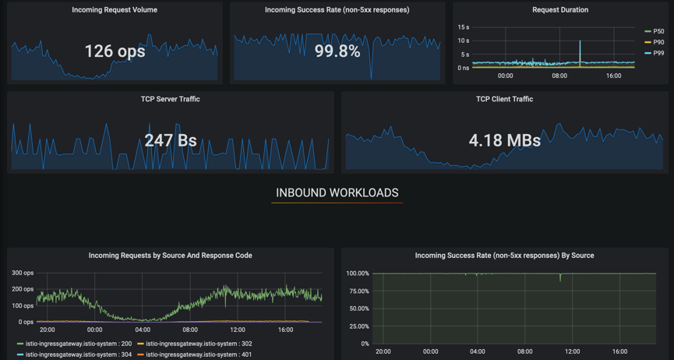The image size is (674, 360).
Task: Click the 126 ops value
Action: tap(115, 51)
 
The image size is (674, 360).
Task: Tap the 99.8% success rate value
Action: tap(337, 51)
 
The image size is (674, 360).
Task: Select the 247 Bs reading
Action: tap(171, 141)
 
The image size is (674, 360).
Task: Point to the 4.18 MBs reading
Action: tap(505, 141)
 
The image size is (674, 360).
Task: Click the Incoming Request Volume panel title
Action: tap(115, 10)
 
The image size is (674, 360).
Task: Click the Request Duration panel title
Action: tap(560, 10)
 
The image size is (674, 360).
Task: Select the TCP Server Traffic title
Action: tap(171, 99)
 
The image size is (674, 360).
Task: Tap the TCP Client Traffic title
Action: tap(505, 99)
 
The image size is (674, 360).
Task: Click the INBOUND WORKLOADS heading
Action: tap(337, 192)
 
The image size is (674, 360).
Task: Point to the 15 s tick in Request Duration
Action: tap(463, 27)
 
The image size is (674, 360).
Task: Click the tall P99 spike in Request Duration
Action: tap(580, 47)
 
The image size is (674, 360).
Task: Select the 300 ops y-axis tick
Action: tap(23, 273)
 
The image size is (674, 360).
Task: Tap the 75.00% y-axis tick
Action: tap(358, 291)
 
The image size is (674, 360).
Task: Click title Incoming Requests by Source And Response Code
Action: tap(171, 256)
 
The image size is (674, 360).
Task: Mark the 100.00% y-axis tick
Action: tap(357, 274)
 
